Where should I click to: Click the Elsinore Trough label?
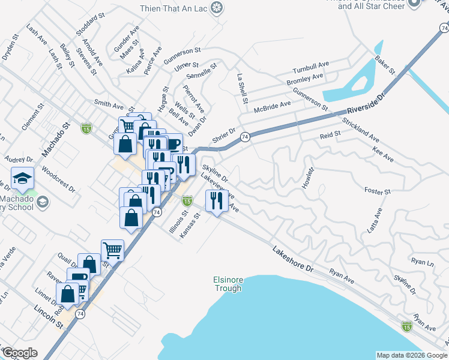pos(228,284)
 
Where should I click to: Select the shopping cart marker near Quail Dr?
pos(112,250)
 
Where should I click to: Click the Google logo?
pos(19,353)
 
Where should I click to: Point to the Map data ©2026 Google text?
pos(412,355)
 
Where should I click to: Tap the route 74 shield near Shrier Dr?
pos(245,137)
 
